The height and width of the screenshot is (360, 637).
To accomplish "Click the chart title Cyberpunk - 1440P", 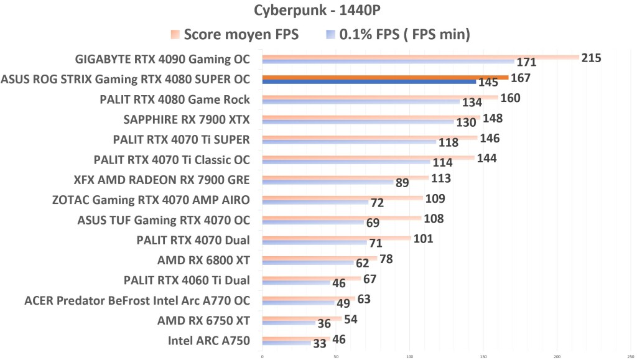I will click(318, 11).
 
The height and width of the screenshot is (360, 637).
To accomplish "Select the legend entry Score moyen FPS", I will click(234, 35).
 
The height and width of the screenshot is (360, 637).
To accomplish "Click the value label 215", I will click(591, 58).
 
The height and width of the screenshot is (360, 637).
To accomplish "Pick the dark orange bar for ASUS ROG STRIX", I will click(385, 78).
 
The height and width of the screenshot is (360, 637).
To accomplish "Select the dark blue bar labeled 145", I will click(369, 82).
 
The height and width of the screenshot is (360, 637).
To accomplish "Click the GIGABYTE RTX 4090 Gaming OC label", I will click(162, 60).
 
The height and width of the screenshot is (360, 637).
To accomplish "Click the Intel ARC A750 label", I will click(209, 340).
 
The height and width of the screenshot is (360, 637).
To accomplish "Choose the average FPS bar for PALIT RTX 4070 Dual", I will click(336, 238).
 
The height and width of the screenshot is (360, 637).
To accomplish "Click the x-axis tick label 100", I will click(409, 357).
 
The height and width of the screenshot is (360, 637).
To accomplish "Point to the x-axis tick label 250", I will click(631, 357).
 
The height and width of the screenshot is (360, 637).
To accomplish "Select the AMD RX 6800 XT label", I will click(203, 260).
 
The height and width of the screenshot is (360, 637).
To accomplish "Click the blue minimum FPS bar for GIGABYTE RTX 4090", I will click(388, 62).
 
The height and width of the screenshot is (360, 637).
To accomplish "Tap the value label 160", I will click(510, 98).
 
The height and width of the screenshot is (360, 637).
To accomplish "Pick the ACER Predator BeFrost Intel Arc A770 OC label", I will click(137, 300).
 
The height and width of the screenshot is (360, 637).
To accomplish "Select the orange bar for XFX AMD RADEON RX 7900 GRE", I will click(345, 177).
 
